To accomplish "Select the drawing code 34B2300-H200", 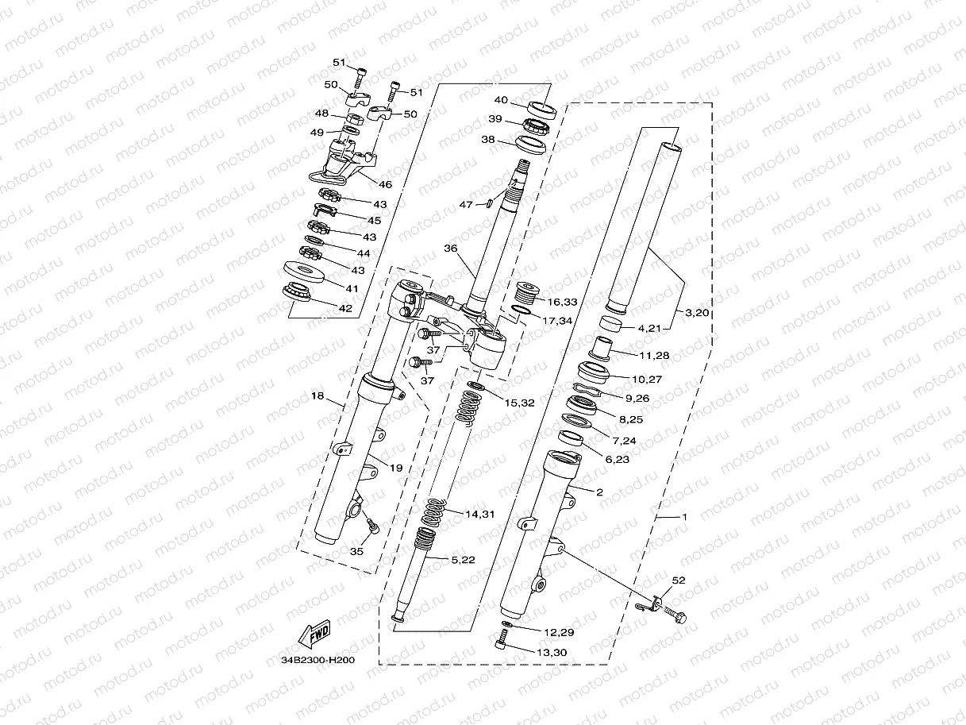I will [x=318, y=659].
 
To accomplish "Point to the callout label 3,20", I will [x=697, y=313].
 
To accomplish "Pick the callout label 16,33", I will [x=564, y=302].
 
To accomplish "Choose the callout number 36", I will [x=450, y=248].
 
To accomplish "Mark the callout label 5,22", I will [x=464, y=561].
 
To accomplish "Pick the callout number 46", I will [x=386, y=184].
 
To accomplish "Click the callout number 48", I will [x=322, y=113].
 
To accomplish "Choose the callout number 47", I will [x=467, y=204].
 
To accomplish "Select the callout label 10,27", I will [x=645, y=380].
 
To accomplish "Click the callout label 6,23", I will [x=616, y=459].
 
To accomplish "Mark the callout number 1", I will [x=684, y=516].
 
